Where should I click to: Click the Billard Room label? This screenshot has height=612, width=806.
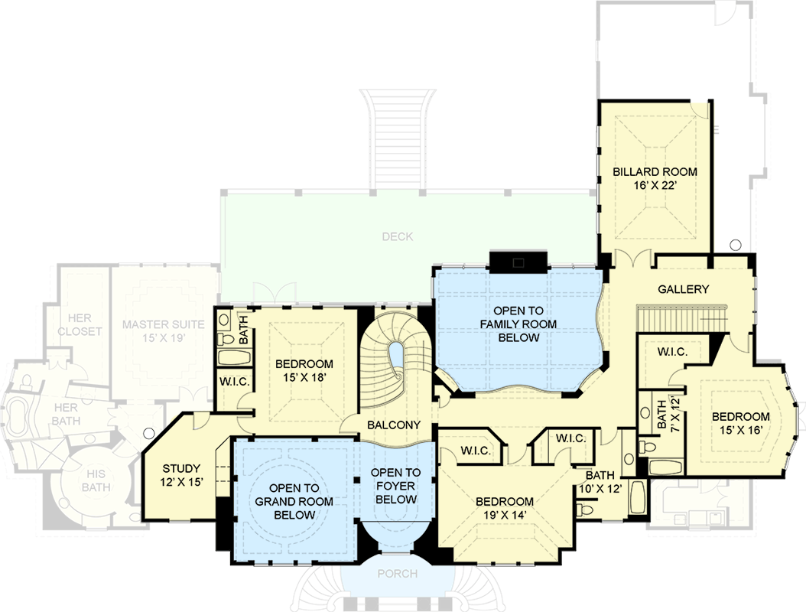(655, 178)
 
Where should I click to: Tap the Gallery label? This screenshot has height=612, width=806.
(683, 289)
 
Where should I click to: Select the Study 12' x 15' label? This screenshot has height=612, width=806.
(181, 475)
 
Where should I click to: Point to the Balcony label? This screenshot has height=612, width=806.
(394, 425)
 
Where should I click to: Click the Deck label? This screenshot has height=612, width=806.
(398, 236)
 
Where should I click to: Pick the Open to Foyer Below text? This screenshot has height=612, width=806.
(396, 486)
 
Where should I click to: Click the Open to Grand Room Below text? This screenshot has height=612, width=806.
(294, 501)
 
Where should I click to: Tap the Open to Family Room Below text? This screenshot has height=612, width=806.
(518, 324)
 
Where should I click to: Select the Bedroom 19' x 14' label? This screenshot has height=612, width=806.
(504, 508)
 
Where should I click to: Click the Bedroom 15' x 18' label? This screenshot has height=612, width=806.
(304, 370)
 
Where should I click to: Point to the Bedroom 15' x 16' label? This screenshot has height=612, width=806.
(741, 423)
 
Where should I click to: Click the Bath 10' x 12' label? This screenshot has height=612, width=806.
(600, 482)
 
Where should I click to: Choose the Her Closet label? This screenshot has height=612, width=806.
(80, 324)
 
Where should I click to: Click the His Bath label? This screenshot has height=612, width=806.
(96, 480)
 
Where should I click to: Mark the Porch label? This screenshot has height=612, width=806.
(398, 574)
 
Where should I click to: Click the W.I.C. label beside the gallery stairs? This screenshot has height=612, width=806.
(672, 352)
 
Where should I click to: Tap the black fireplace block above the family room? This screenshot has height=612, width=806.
(518, 262)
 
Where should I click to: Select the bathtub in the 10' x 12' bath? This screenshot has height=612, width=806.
(638, 497)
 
